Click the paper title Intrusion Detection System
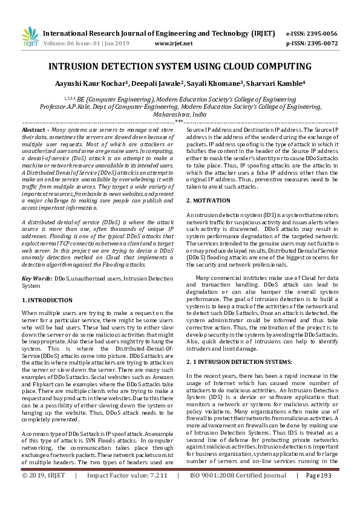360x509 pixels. [180, 66]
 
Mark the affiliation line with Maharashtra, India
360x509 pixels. [180, 114]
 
